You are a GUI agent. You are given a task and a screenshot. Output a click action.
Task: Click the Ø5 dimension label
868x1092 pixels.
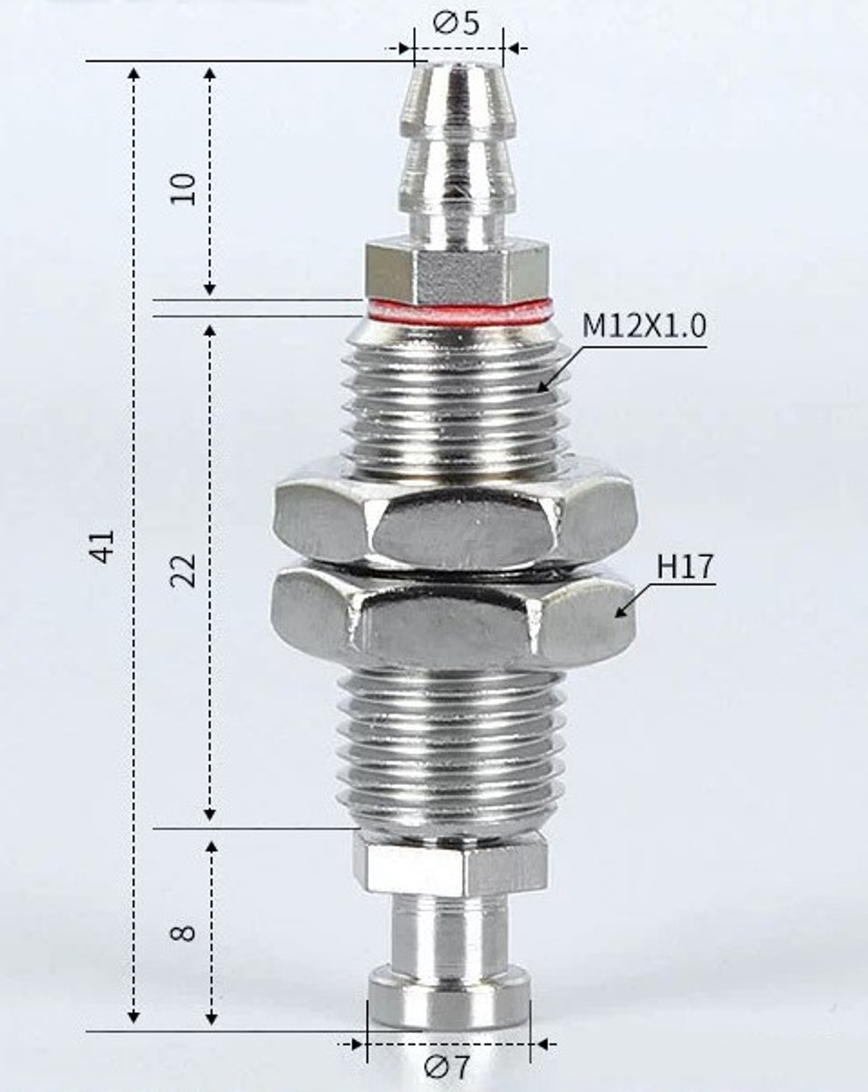pyautogui.click(x=457, y=23)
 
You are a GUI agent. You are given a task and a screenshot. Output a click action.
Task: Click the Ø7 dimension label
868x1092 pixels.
pyautogui.click(x=448, y=1065)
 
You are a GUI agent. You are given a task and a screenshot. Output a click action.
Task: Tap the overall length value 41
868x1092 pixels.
pyautogui.click(x=102, y=546)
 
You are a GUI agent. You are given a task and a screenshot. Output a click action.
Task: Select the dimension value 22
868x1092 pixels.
pyautogui.click(x=184, y=570)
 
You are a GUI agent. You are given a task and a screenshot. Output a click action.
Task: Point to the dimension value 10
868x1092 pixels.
pyautogui.click(x=184, y=188)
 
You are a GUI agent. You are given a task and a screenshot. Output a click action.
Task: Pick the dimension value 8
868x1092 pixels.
pyautogui.click(x=184, y=933)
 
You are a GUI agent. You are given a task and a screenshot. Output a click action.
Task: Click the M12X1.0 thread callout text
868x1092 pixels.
pyautogui.click(x=644, y=327)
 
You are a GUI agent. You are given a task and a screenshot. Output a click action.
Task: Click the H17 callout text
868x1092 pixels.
pyautogui.click(x=685, y=567)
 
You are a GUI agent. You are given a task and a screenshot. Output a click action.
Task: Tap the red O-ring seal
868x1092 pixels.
pyautogui.click(x=458, y=310)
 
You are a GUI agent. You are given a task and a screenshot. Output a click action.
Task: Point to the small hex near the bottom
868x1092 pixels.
pyautogui.click(x=450, y=864)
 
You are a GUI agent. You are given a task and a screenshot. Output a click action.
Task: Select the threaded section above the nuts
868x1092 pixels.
pyautogui.click(x=457, y=403)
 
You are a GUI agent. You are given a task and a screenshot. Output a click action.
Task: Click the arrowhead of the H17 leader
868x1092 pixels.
pyautogui.click(x=618, y=613)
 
